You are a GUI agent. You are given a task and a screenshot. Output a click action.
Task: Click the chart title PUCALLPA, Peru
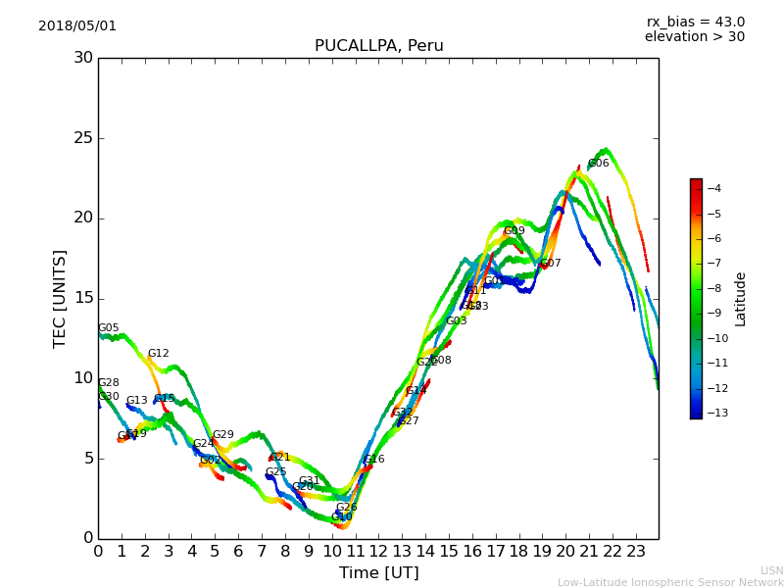[378, 46]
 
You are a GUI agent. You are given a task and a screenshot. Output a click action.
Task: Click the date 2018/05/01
[77, 26]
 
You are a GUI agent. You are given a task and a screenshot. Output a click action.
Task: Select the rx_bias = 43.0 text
[695, 23]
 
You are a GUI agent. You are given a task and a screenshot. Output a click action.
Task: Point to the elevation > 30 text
[694, 37]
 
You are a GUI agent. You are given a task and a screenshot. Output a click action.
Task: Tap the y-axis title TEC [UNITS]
[60, 298]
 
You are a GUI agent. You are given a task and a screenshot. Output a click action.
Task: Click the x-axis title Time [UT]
[378, 573]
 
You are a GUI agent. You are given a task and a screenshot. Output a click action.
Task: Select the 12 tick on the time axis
[378, 552]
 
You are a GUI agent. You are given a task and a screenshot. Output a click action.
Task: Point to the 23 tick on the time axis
[635, 552]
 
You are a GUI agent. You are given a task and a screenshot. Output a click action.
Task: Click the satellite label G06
[598, 164]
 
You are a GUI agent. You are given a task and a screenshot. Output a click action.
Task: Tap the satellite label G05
[108, 328]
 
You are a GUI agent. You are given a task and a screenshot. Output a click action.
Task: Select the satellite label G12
[158, 354]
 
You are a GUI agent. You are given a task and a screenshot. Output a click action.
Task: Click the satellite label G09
[514, 231]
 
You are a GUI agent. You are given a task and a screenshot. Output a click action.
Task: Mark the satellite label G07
[551, 264]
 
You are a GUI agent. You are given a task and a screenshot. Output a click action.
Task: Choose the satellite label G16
[373, 460]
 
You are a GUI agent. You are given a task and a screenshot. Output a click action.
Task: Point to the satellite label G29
[222, 435]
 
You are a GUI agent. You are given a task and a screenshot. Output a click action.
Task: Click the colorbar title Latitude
[741, 298]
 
